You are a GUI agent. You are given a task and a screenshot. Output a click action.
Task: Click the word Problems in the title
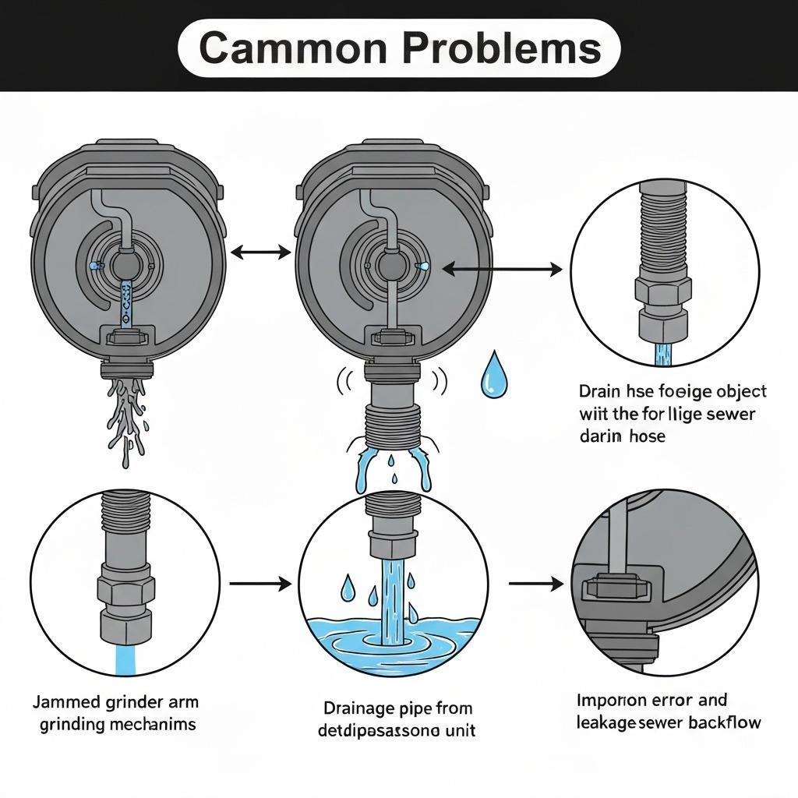[501, 49]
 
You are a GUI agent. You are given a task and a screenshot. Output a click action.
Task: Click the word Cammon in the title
[295, 49]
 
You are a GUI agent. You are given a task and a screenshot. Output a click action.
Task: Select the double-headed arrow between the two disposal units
[261, 252]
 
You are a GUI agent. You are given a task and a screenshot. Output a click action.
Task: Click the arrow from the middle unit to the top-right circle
[502, 270]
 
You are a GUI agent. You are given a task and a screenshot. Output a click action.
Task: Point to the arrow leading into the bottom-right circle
[535, 583]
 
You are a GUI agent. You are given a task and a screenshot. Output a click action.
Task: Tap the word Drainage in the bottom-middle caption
[357, 708]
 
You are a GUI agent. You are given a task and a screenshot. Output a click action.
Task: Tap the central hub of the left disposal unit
[125, 267]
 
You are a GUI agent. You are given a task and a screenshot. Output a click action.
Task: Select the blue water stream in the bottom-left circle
[125, 659]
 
